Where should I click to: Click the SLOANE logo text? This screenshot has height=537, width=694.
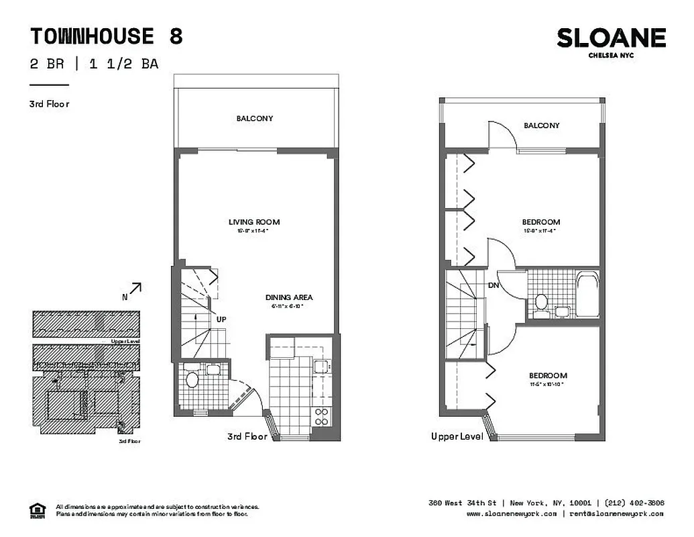click(x=611, y=38)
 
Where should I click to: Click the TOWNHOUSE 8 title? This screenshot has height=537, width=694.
click(x=106, y=36)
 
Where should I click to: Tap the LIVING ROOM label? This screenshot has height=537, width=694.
click(x=254, y=222)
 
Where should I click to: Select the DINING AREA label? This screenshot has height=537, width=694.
click(x=289, y=297)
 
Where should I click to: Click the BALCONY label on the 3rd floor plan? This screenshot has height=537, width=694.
click(x=254, y=119)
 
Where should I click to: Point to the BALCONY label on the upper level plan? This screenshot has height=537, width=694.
click(x=541, y=126)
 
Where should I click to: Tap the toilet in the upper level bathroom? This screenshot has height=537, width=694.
click(x=540, y=302)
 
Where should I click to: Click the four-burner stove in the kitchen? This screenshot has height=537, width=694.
click(x=321, y=416)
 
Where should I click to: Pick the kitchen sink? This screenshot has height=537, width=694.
click(x=321, y=366)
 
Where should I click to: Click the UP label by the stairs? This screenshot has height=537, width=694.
click(x=221, y=320)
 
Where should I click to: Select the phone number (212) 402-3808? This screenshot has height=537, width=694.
click(x=634, y=503)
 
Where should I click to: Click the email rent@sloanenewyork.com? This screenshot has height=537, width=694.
click(x=616, y=514)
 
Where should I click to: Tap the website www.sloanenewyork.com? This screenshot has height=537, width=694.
click(x=511, y=514)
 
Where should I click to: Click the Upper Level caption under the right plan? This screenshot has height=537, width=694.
click(x=457, y=437)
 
